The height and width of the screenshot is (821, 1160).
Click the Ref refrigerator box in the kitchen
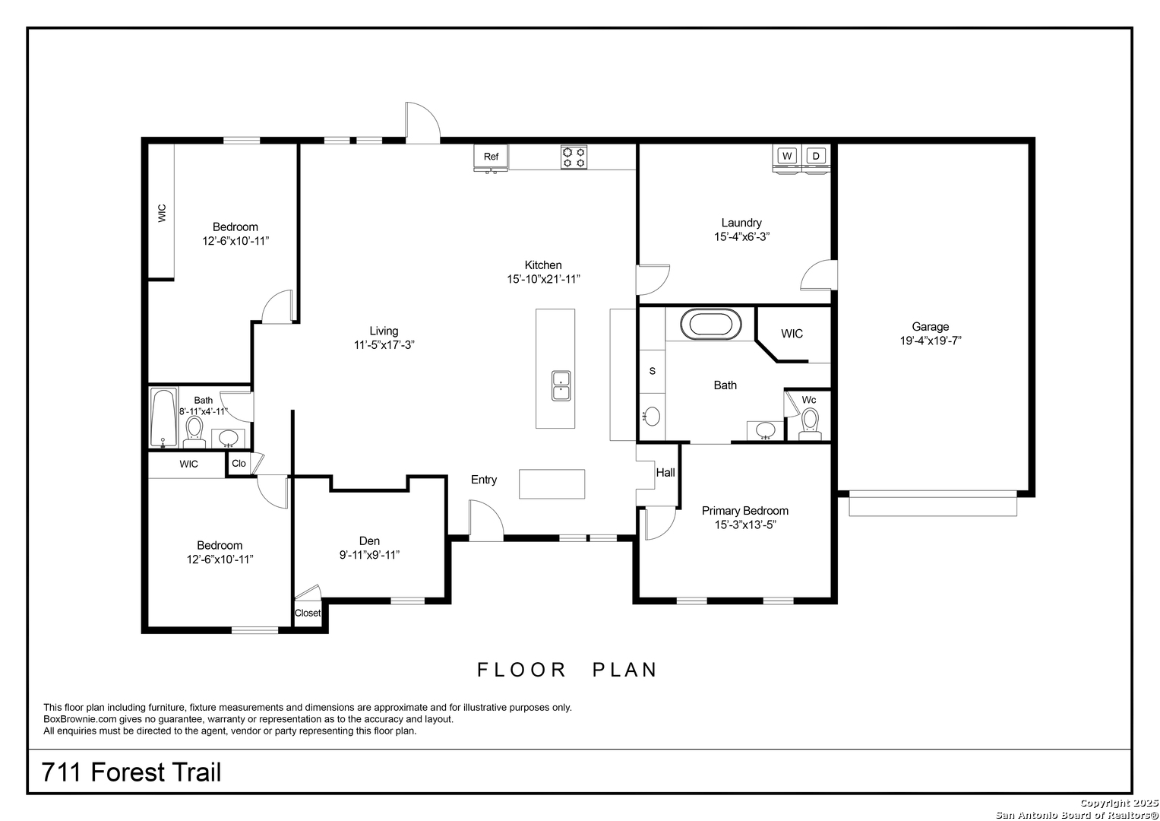[491, 157]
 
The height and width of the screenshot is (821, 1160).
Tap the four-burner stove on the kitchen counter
[574, 157]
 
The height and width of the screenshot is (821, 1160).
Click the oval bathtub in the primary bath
[710, 325]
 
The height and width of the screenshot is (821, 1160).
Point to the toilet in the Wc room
[810, 424]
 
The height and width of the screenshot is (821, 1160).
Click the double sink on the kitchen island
[561, 385]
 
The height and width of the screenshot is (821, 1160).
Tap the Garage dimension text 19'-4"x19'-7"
[931, 341]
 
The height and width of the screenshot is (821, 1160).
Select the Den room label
[369, 541]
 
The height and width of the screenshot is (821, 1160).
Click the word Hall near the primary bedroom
[665, 473]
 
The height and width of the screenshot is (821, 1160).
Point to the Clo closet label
[239, 464]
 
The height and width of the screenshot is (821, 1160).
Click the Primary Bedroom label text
[745, 511]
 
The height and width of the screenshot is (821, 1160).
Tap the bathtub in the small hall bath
[163, 418]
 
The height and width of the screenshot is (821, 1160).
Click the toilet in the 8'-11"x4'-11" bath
[194, 433]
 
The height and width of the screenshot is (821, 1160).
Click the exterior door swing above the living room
[422, 122]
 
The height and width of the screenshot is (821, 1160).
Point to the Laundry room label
[741, 223]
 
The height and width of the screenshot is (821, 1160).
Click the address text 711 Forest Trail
[131, 772]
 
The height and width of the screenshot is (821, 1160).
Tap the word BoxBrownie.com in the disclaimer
[81, 719]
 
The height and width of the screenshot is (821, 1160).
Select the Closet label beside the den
[308, 613]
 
